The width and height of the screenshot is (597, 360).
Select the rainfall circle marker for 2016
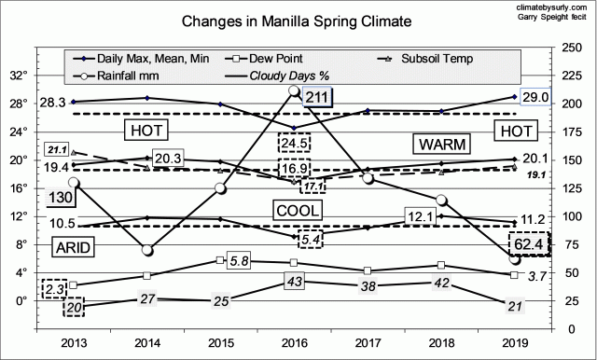[295, 91]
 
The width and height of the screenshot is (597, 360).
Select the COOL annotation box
[298, 210]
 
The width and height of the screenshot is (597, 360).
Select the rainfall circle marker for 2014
[146, 250]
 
